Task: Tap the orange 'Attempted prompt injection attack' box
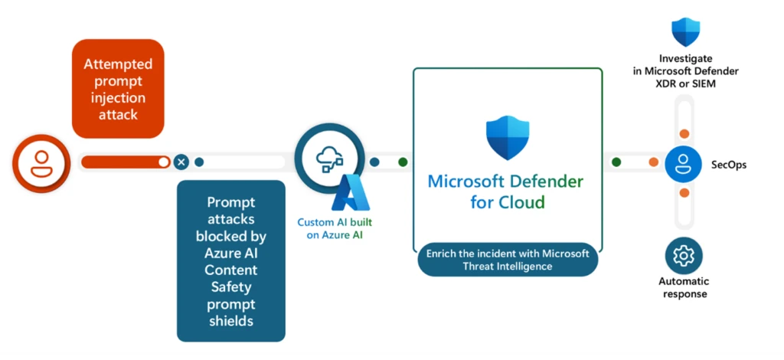(x=118, y=89)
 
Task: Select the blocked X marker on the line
(x=181, y=162)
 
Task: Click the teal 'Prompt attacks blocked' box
(x=230, y=260)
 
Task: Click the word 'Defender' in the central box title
(x=547, y=182)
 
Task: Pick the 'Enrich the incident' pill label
(x=508, y=259)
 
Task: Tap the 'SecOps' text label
(x=728, y=165)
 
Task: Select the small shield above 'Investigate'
(x=684, y=32)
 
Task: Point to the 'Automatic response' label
(x=684, y=287)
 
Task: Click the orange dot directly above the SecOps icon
(x=684, y=134)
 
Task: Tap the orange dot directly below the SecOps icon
(x=684, y=193)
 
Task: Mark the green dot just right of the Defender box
(x=616, y=162)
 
